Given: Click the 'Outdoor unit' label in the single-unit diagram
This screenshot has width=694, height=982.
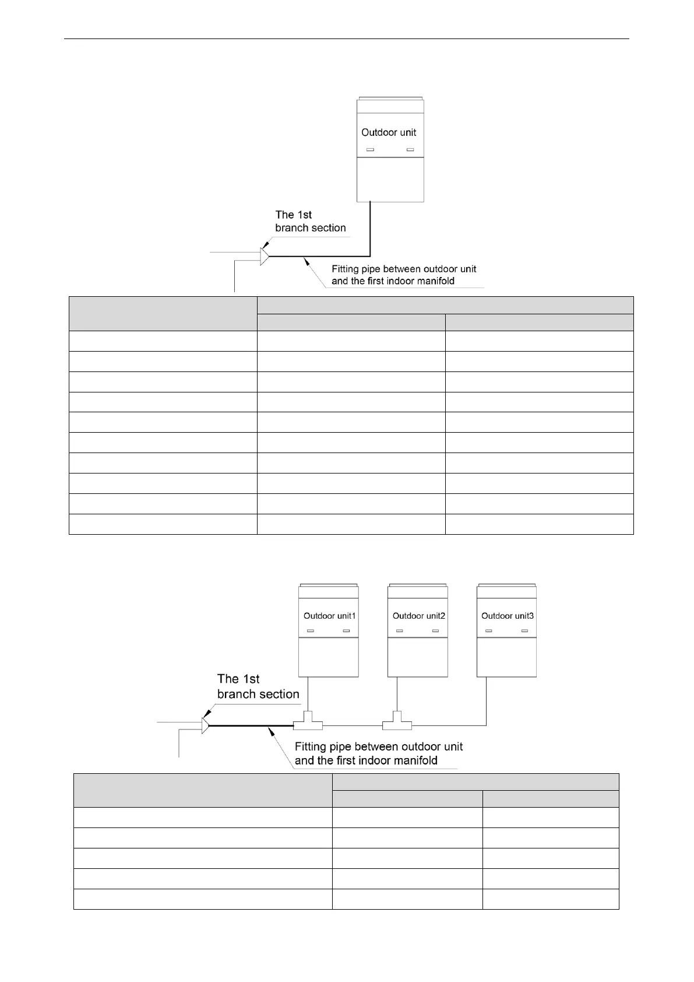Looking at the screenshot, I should click(389, 132).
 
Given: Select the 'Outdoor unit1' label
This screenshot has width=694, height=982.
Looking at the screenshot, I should click(329, 616).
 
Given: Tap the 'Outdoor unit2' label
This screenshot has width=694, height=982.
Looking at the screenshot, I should click(418, 616).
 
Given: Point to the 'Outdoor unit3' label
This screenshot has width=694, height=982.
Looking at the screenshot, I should click(507, 616).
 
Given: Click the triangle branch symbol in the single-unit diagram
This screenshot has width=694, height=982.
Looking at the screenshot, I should click(265, 256).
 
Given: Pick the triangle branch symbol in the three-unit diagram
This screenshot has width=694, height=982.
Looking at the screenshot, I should click(205, 725).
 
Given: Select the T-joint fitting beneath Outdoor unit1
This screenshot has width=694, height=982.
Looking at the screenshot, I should click(308, 721).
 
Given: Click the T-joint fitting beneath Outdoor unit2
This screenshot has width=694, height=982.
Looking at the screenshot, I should click(397, 721).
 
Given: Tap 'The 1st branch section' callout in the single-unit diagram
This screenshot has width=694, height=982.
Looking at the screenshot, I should click(310, 221).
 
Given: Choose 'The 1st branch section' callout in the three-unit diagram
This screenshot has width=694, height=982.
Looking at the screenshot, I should click(258, 686).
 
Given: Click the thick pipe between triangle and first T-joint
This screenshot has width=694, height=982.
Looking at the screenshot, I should click(251, 725).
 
